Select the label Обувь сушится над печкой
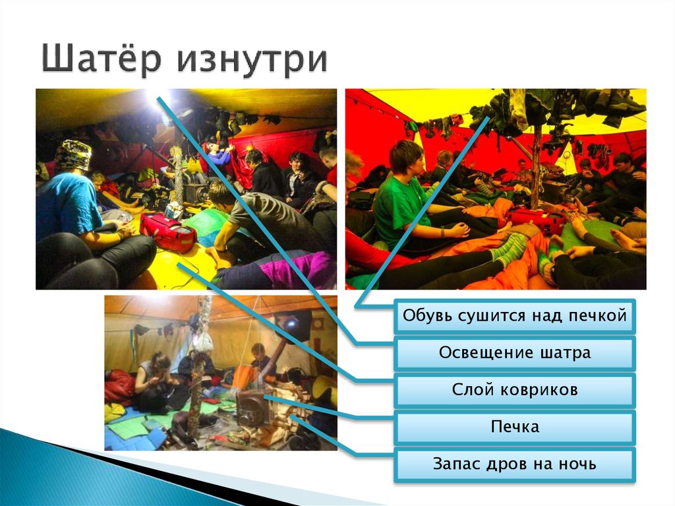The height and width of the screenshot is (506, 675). tap(514, 316)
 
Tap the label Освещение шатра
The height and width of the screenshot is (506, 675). tap(514, 353)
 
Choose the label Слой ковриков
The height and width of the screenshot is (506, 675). tap(514, 390)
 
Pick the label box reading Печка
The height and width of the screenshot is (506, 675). tap(514, 427)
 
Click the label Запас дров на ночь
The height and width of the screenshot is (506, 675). tap(514, 464)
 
